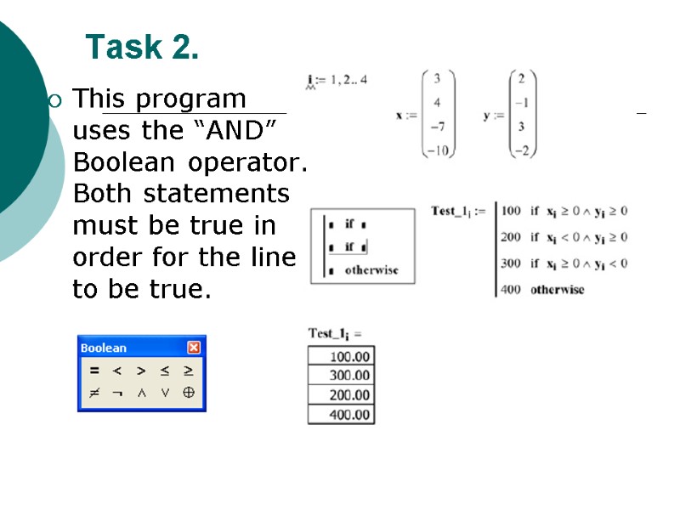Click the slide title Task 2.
[x=142, y=48]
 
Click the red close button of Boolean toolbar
[x=194, y=348]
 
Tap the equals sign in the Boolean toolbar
[x=95, y=371]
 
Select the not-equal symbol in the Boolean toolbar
[x=95, y=393]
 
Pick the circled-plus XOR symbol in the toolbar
[x=189, y=393]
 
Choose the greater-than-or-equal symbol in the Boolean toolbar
[x=189, y=371]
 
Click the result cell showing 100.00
[x=341, y=355]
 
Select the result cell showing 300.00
[x=341, y=375]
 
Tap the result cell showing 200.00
[x=341, y=394]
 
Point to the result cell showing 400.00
[x=341, y=415]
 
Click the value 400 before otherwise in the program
[x=511, y=289]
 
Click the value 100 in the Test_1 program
[x=511, y=210]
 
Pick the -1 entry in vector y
[x=523, y=103]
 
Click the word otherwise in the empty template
[x=371, y=270]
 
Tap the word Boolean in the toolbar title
[x=103, y=348]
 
